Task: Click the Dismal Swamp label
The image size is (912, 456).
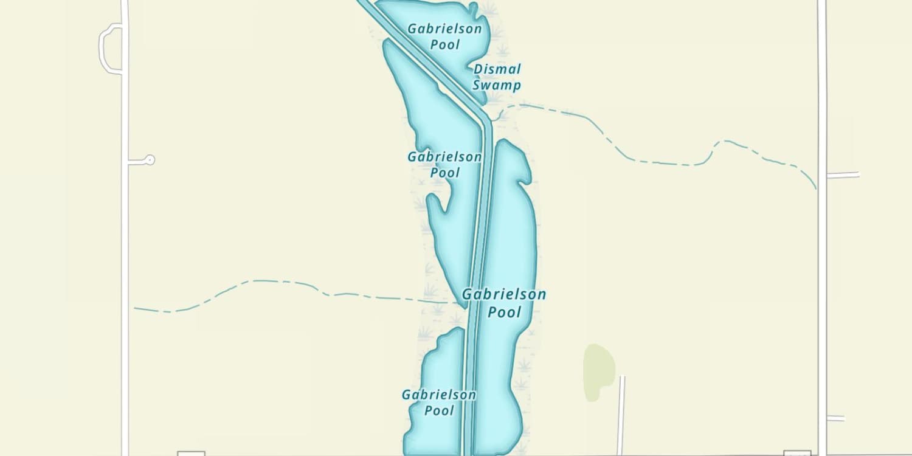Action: click(x=497, y=77)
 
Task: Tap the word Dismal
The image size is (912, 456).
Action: click(x=497, y=69)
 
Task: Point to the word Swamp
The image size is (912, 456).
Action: click(x=497, y=85)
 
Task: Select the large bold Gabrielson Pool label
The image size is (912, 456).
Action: click(x=504, y=303)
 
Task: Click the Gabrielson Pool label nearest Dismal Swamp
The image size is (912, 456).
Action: click(x=444, y=36)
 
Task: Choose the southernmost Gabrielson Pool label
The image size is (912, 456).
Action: click(x=439, y=402)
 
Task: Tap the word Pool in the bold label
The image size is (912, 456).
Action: click(x=505, y=312)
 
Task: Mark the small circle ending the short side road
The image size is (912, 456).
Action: click(x=150, y=160)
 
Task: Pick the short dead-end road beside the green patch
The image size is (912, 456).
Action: click(x=621, y=413)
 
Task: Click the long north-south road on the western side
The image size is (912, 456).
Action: click(x=125, y=243)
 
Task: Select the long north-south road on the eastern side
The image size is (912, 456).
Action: click(x=822, y=274)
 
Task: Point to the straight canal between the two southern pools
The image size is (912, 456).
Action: click(x=469, y=389)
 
